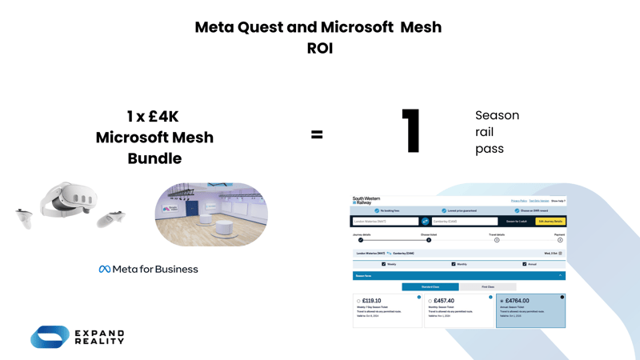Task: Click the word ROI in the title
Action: click(x=319, y=48)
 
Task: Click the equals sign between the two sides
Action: click(x=317, y=134)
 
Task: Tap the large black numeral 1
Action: click(x=411, y=130)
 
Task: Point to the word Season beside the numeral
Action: click(x=497, y=115)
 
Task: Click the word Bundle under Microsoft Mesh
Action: click(x=154, y=158)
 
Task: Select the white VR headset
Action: click(x=70, y=200)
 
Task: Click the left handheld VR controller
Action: click(x=24, y=217)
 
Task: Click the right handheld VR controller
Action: click(x=111, y=218)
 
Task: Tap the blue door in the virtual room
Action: click(x=192, y=208)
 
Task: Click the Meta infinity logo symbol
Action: click(x=104, y=270)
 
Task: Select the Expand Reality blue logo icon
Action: click(x=50, y=337)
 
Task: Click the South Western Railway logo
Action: click(x=366, y=201)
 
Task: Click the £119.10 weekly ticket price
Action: click(x=371, y=301)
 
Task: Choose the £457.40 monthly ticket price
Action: click(x=444, y=301)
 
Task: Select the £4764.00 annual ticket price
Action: click(x=517, y=301)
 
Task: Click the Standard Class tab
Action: click(x=430, y=286)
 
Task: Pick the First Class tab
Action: click(x=488, y=286)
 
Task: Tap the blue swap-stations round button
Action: click(x=426, y=222)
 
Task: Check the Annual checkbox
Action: click(x=525, y=264)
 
